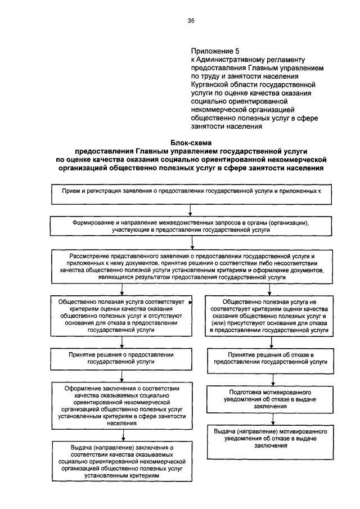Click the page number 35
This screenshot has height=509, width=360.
point(191,21)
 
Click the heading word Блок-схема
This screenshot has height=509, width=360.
point(191,143)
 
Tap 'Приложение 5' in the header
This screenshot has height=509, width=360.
point(211,51)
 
